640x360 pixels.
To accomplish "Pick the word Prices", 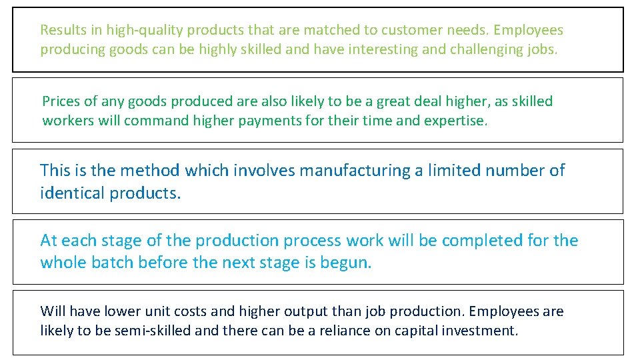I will (x=61, y=101).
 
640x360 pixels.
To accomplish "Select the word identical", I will (x=68, y=193).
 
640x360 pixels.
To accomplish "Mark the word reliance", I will (x=343, y=331).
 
